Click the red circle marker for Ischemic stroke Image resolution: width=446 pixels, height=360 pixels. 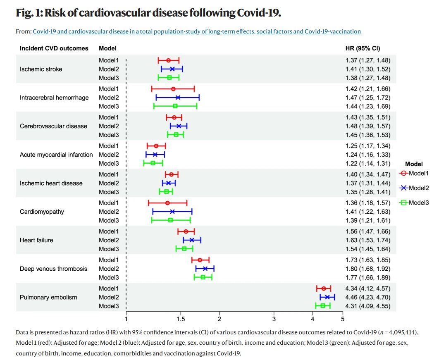pos(168,60)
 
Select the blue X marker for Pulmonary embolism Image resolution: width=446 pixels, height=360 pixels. pos(327,297)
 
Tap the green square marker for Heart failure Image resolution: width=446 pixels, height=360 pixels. pos(184,248)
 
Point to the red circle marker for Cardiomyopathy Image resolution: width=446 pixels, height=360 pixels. pos(167,203)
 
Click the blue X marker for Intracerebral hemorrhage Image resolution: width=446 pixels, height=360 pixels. pos(178,98)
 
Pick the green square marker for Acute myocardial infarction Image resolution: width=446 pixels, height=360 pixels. pos(153,163)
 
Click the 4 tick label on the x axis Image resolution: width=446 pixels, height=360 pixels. pos(312,319)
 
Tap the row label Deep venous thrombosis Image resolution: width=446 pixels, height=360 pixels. pos(54,269)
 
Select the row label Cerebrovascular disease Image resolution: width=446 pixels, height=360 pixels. pos(54,126)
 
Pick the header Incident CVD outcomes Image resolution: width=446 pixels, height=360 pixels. pos(54,48)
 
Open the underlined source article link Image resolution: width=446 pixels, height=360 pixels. pos(197,31)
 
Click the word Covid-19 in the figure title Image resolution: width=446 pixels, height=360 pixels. pos(259,13)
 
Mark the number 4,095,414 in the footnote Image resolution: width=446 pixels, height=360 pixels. pos(401,332)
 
